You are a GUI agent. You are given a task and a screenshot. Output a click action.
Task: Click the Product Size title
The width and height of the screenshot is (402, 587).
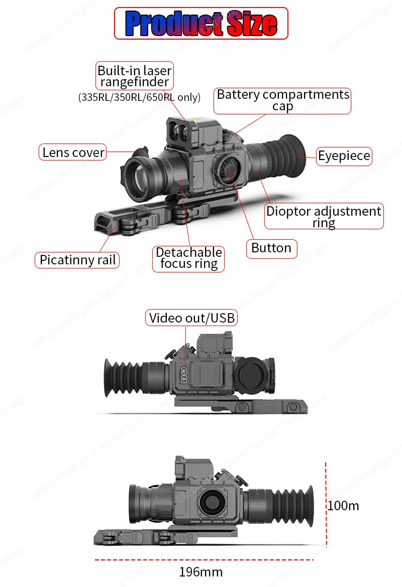pyautogui.click(x=201, y=23)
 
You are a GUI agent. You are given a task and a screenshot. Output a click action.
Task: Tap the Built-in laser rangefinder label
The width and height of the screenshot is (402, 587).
pyautogui.click(x=135, y=76)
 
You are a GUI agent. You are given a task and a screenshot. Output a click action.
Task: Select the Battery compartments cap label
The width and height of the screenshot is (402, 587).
pyautogui.click(x=283, y=100)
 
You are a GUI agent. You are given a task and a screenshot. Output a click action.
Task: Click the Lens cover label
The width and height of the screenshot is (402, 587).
pyautogui.click(x=73, y=153)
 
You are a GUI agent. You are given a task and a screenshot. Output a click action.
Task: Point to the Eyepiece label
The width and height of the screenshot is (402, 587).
pyautogui.click(x=344, y=156)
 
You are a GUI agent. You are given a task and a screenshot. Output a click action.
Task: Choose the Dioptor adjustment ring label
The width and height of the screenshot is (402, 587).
pyautogui.click(x=324, y=217)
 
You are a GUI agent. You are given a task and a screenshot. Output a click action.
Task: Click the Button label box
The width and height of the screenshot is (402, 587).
pyautogui.click(x=271, y=248)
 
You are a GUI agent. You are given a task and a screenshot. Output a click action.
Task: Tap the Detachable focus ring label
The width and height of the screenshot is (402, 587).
pyautogui.click(x=189, y=258)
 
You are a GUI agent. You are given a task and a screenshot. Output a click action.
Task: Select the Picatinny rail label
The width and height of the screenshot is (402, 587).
pyautogui.click(x=77, y=260)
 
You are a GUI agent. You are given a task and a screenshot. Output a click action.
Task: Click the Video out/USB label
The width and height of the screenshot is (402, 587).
pyautogui.click(x=192, y=318)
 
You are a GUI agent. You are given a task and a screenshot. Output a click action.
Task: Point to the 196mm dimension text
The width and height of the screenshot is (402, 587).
pyautogui.click(x=200, y=572)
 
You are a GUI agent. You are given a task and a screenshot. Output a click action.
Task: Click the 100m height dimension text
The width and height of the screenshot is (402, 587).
pyautogui.click(x=344, y=506)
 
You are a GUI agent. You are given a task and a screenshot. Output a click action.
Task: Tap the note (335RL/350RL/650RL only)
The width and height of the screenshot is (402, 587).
pyautogui.click(x=139, y=97)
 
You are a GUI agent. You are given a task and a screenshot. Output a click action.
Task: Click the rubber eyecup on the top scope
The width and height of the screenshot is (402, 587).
pyautogui.click(x=284, y=151)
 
